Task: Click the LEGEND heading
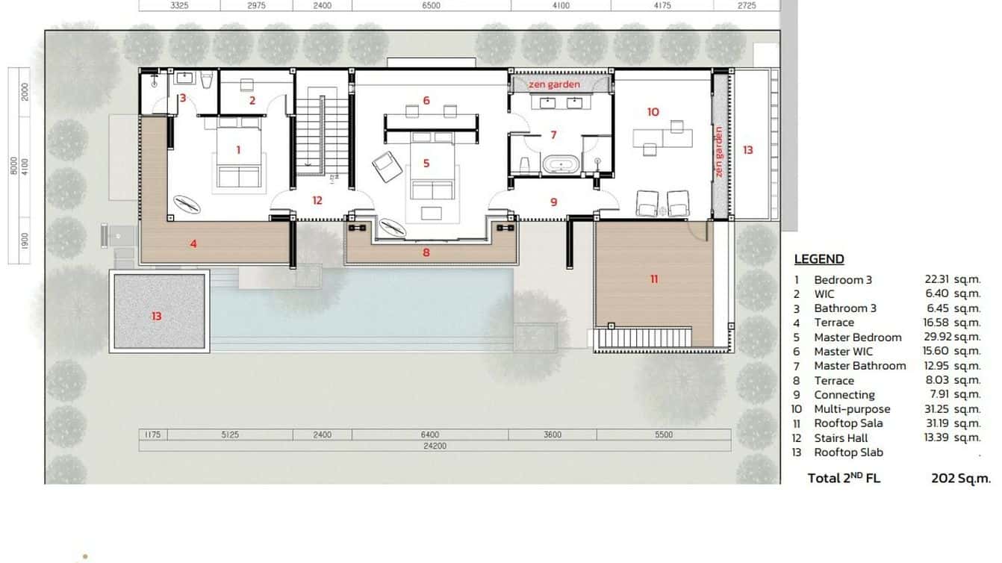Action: tap(818, 259)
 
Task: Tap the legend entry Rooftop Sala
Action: tap(850, 423)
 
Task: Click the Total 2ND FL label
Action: tap(844, 478)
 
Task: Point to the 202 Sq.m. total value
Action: tap(960, 478)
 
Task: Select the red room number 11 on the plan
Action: tap(654, 279)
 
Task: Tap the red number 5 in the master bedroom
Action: tap(426, 163)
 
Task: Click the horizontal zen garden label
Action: tap(554, 84)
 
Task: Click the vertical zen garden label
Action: tap(719, 152)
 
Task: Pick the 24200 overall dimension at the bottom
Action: tap(434, 447)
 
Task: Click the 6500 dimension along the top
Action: tap(431, 5)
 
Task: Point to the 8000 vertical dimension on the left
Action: tap(13, 165)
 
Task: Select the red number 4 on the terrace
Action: tap(193, 243)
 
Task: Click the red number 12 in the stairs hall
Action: tap(317, 200)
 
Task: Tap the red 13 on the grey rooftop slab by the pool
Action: tap(157, 316)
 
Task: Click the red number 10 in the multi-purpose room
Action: tap(653, 112)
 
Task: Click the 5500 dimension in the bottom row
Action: tap(663, 435)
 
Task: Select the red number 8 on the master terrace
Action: tap(426, 252)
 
